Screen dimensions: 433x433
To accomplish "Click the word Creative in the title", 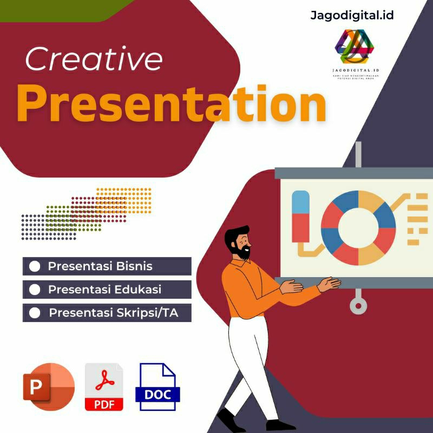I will pos(93,60).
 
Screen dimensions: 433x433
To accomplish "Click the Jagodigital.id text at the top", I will pos(352,15).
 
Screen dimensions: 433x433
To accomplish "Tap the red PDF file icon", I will pos(104,387).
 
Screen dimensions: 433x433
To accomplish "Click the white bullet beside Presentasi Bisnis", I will pos(35,266).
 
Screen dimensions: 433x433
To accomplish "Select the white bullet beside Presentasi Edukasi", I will pos(35,290).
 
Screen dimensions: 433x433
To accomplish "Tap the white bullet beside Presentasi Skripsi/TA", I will pos(35,313).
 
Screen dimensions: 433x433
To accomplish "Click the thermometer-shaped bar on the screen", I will pos(300,216).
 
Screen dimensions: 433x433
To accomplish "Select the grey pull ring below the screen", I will pos(358,305).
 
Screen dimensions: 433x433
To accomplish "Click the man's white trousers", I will pos(246,363).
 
